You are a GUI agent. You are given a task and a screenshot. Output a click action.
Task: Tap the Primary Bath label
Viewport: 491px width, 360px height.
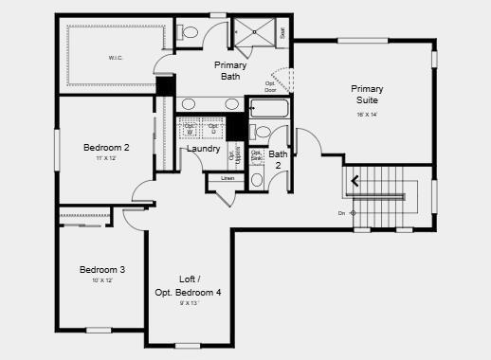[x=231, y=70]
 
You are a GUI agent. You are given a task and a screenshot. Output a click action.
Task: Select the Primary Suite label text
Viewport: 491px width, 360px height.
[x=367, y=94]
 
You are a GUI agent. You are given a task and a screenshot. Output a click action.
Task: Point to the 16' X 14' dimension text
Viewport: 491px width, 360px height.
[x=367, y=114]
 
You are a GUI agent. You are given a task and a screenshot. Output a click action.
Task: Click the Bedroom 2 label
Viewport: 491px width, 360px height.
[x=106, y=148]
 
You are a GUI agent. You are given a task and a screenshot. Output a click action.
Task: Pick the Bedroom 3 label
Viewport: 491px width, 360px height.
[x=102, y=270]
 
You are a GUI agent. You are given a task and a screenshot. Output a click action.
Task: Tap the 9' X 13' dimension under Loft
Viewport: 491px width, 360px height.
[x=188, y=303]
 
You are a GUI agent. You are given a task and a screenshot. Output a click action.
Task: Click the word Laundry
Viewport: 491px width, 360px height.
[x=204, y=149]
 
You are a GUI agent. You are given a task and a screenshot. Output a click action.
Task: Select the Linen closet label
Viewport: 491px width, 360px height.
[x=227, y=178]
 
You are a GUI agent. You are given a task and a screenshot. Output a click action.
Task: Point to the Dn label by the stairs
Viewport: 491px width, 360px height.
[x=341, y=213]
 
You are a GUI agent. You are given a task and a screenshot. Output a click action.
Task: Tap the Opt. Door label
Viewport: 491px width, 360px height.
[x=270, y=86]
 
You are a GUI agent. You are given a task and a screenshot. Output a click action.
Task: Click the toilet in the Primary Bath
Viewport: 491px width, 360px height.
[x=189, y=33]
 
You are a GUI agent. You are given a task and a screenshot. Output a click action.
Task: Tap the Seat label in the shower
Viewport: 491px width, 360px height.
[x=282, y=32]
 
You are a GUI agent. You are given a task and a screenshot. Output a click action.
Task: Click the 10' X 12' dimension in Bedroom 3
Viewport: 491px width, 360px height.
[x=102, y=280]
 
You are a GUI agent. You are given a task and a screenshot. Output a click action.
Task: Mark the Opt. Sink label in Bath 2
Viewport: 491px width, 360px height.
[x=257, y=155]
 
